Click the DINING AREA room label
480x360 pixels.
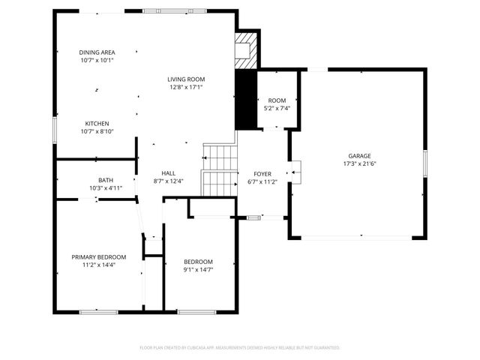click(97, 52)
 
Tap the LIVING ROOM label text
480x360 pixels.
click(186, 79)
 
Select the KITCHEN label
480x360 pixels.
click(97, 123)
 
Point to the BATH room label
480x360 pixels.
click(106, 180)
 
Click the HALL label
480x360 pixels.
click(169, 172)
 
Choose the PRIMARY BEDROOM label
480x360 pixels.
click(99, 256)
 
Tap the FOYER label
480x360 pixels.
click(262, 172)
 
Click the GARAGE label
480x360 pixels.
click(358, 154)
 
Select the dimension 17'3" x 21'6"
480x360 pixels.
click(358, 163)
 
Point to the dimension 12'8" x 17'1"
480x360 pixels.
click(186, 87)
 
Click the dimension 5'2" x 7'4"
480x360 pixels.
click(277, 108)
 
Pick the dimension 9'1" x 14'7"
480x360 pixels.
click(199, 269)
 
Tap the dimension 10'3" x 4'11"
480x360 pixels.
click(106, 188)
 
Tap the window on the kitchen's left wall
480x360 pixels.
click(54, 128)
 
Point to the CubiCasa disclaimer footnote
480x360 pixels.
click(240, 347)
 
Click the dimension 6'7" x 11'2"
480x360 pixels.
click(262, 181)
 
